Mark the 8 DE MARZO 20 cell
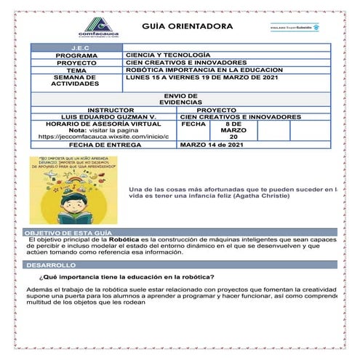point(233,130)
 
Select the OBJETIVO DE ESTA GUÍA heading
point(63,232)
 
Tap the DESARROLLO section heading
point(48,265)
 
